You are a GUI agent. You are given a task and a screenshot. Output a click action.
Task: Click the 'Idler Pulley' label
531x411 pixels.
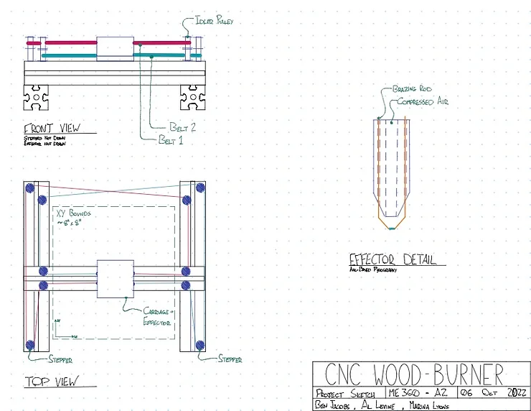[215, 22]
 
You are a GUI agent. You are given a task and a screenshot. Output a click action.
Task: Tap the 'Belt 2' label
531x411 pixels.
[183, 126]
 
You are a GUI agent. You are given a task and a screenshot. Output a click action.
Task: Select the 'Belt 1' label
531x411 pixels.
[171, 140]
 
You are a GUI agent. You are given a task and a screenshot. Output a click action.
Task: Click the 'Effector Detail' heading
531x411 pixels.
[393, 259]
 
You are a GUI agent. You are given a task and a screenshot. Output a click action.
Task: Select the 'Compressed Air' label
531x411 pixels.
[423, 102]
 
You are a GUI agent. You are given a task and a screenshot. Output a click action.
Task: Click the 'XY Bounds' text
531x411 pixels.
[73, 214]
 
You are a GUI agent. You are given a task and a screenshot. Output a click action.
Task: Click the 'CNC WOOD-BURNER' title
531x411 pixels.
[414, 374]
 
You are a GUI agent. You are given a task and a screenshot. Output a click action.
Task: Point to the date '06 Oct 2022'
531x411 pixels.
[489, 393]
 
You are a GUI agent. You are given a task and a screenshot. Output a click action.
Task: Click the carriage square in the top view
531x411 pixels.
[115, 279]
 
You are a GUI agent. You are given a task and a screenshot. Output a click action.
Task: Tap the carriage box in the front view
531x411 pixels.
[115, 48]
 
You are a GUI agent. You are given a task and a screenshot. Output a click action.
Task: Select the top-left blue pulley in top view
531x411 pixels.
[30, 188]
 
